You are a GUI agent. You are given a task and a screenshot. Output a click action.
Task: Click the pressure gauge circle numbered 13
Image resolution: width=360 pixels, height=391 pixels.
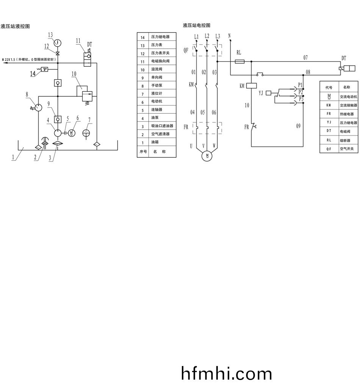[58, 42]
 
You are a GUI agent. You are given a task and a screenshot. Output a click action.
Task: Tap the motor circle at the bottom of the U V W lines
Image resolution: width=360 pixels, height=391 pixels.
[207, 155]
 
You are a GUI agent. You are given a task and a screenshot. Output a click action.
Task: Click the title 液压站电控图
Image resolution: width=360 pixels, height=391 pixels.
[196, 25]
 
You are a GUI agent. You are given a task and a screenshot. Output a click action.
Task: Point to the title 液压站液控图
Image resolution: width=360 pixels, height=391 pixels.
[15, 26]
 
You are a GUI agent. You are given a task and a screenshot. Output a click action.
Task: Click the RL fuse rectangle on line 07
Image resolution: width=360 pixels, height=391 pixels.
[239, 61]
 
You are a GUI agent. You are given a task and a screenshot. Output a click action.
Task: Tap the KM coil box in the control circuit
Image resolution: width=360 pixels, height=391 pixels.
[252, 86]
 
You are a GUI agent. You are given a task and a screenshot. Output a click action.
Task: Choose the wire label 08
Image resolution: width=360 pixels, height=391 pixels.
[308, 72]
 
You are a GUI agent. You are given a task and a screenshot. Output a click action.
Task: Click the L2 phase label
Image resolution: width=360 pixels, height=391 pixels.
[207, 36]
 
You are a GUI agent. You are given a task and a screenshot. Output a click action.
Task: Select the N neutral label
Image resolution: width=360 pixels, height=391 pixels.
[230, 36]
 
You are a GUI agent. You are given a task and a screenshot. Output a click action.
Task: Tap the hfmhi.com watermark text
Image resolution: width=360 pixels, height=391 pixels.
[227, 374]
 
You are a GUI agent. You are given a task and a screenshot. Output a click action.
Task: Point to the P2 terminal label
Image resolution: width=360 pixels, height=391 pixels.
[301, 92]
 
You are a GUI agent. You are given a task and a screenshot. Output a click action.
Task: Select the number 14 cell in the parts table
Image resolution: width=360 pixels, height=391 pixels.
[142, 37]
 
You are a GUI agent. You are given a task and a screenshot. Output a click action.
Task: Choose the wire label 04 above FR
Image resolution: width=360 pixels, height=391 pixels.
[193, 112]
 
